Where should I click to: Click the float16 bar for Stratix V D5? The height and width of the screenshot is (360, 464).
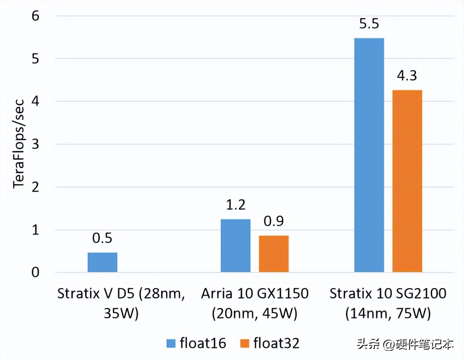(x=102, y=263)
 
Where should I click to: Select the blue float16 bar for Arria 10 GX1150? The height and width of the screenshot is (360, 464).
(x=235, y=246)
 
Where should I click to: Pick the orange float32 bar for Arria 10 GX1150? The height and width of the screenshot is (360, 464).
(x=274, y=254)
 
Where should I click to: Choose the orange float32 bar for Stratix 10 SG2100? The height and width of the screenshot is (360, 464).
(x=407, y=181)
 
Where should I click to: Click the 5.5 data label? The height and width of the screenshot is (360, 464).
(x=369, y=24)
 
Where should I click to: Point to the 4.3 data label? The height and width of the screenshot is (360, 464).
(x=407, y=76)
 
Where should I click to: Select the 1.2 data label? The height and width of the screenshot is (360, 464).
(x=235, y=205)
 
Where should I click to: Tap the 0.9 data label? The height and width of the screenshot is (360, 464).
(x=274, y=221)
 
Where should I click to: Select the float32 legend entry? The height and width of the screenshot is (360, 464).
(x=270, y=343)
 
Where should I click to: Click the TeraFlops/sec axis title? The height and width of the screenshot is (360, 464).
(x=19, y=144)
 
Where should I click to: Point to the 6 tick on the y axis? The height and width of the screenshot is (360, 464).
(x=36, y=16)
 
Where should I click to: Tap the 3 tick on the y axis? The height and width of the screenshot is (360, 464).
(x=36, y=144)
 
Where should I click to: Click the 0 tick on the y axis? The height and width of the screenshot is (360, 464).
(x=36, y=273)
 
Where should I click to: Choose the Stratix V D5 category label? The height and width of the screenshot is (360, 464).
(x=121, y=303)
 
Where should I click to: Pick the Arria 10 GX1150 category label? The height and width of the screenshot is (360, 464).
(x=255, y=303)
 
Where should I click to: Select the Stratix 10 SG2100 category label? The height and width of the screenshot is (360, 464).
(x=388, y=303)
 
